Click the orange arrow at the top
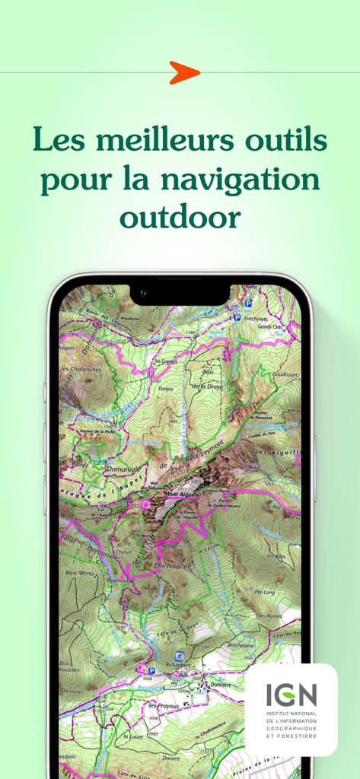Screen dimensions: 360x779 184,72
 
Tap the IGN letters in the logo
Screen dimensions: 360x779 292,694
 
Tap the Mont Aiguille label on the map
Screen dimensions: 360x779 180,494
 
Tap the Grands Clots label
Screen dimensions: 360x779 270,327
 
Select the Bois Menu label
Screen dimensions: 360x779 80,573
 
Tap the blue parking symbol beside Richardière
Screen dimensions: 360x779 151,671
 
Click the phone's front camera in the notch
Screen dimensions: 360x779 142,291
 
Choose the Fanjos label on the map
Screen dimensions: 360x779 166,389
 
